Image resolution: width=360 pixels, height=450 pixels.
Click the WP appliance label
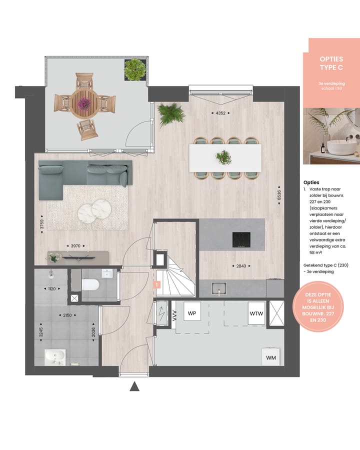pyautogui.click(x=191, y=313)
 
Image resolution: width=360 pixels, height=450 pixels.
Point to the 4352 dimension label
pyautogui.click(x=220, y=113)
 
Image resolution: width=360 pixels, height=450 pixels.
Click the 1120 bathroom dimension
pyautogui.click(x=52, y=288)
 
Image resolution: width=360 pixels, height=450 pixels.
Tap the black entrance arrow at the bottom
pyautogui.click(x=134, y=386)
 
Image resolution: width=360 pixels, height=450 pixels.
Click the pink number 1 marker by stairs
pyautogui.click(x=156, y=285)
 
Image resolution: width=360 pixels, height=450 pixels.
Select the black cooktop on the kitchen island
pyautogui.click(x=240, y=240)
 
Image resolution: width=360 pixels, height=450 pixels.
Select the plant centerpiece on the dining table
pyautogui.click(x=223, y=157)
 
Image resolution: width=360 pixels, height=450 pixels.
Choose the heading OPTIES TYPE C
pyautogui.click(x=331, y=63)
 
